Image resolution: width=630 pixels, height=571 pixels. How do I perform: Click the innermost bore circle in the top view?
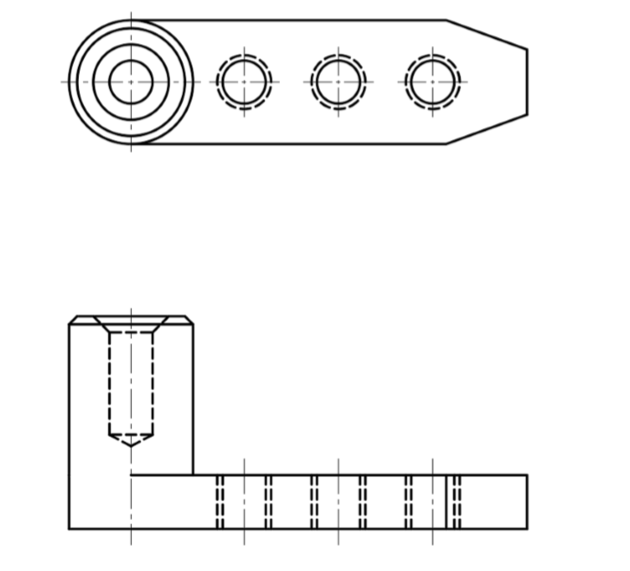tap(131, 81)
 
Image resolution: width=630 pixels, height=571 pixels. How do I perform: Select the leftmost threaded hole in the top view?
tap(244, 81)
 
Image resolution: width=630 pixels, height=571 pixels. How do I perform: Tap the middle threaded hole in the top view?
tap(338, 81)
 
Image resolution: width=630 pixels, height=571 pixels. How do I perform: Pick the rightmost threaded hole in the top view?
tap(432, 81)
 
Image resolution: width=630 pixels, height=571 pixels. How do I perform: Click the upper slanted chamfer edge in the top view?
tap(487, 35)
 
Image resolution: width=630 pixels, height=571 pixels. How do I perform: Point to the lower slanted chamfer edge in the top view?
tap(487, 129)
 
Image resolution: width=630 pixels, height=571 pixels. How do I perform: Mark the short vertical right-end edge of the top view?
tap(527, 81)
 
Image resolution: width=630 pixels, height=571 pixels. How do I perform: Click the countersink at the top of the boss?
tap(131, 323)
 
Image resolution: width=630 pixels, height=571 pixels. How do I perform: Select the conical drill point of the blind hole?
tap(131, 439)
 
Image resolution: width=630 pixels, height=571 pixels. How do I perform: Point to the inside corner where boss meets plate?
tap(192, 475)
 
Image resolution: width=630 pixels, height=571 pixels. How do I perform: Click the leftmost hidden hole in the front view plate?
tap(244, 502)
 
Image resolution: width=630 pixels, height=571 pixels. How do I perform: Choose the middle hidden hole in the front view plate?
tap(338, 502)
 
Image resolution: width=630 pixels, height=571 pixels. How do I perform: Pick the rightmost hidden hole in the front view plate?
tap(432, 502)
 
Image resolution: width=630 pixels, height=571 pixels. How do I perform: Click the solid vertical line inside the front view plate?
tap(446, 502)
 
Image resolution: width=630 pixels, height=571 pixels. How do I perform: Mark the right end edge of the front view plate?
tap(527, 502)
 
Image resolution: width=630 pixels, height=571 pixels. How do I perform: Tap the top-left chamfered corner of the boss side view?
tap(73, 320)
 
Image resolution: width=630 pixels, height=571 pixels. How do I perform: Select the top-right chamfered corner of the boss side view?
tap(189, 320)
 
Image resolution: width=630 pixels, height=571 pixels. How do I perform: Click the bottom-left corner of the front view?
tap(69, 528)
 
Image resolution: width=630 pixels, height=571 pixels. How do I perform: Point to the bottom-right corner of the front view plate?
tap(527, 528)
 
